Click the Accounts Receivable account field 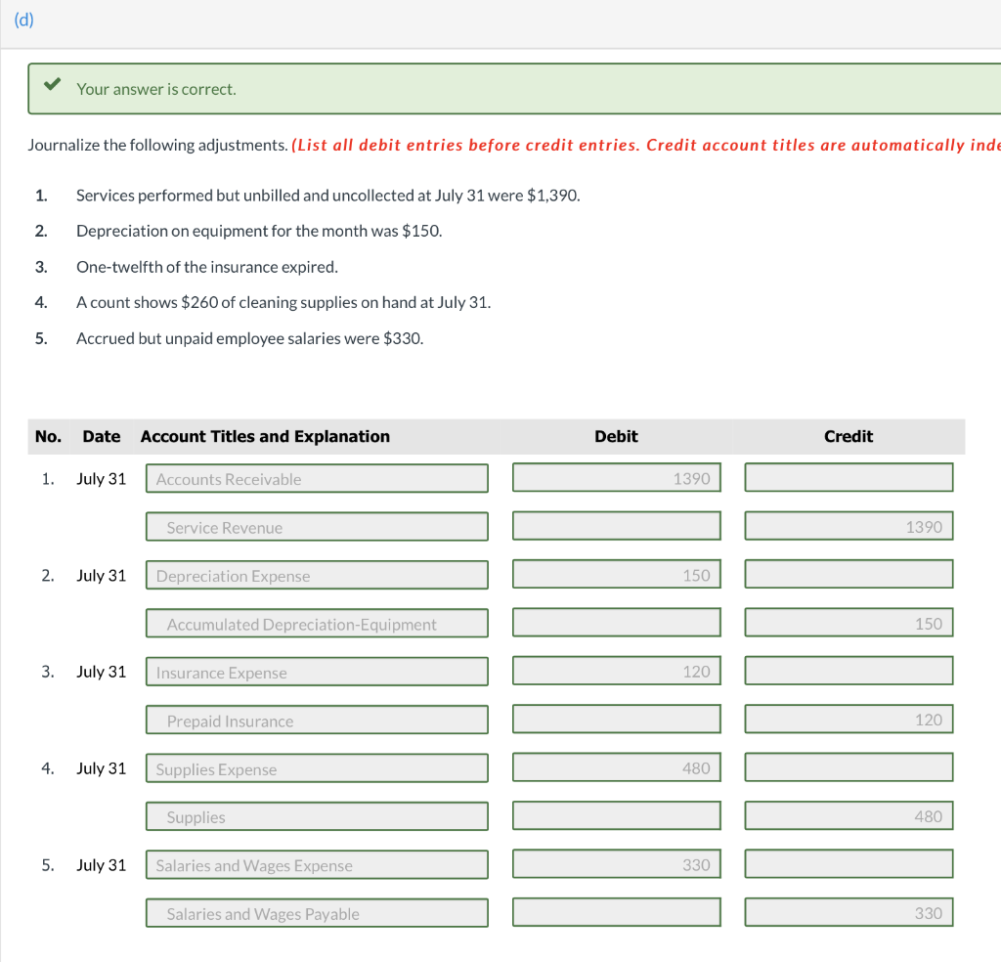pyautogui.click(x=317, y=479)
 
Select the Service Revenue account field pyautogui.click(x=317, y=527)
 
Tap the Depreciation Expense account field pyautogui.click(x=317, y=576)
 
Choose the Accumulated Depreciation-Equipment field pyautogui.click(x=317, y=624)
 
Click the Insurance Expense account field pyautogui.click(x=317, y=673)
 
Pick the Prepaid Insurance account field pyautogui.click(x=317, y=721)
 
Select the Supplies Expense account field pyautogui.click(x=317, y=769)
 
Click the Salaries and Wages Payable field pyautogui.click(x=317, y=914)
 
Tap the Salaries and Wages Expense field pyautogui.click(x=317, y=865)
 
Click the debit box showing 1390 pyautogui.click(x=617, y=478)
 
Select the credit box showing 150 pyautogui.click(x=849, y=623)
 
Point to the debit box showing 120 pyautogui.click(x=617, y=672)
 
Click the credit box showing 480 pyautogui.click(x=849, y=816)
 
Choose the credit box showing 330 pyautogui.click(x=849, y=913)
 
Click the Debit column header pyautogui.click(x=616, y=436)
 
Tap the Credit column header pyautogui.click(x=849, y=436)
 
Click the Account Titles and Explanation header pyautogui.click(x=265, y=436)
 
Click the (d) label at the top pyautogui.click(x=24, y=21)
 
